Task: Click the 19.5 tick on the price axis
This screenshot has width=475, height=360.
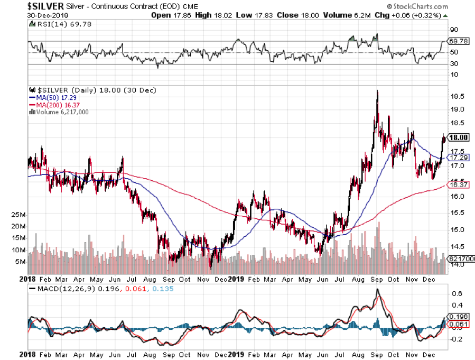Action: (x=458, y=96)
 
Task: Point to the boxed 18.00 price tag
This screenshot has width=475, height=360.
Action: (x=458, y=137)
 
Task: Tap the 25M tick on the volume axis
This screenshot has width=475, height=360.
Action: (x=18, y=215)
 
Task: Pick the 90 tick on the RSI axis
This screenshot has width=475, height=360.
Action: (x=453, y=30)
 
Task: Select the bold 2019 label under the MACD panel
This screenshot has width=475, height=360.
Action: (x=235, y=353)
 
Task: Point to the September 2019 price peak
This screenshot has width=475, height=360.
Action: (x=377, y=91)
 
